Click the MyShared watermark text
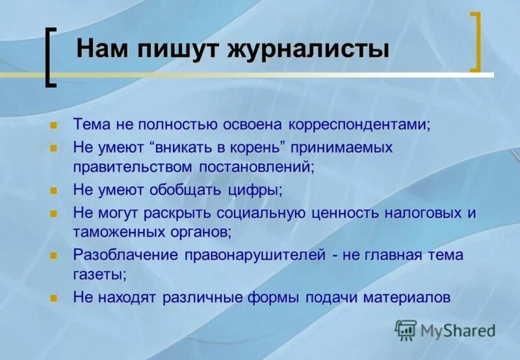point(457,331)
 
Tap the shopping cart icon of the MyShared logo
point(406,330)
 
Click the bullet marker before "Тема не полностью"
point(54,124)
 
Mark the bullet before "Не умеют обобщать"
point(54,191)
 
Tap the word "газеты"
point(99,274)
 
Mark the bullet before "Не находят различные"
point(54,298)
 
